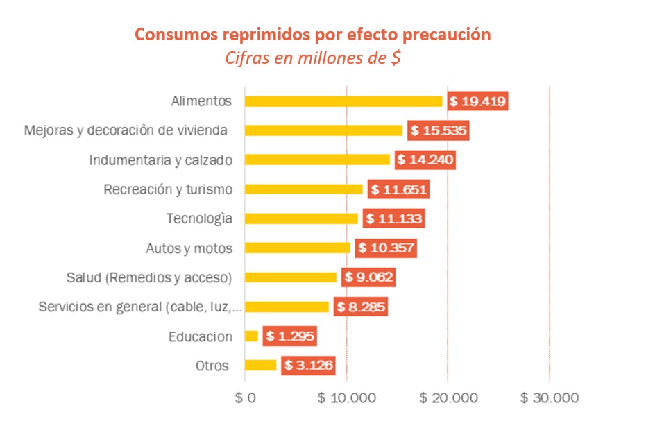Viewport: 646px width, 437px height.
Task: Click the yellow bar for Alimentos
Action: point(343,101)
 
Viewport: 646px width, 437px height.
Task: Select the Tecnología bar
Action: point(301,218)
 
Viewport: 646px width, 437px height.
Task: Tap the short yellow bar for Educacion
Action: point(251,336)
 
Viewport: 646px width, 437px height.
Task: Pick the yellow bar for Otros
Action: point(260,366)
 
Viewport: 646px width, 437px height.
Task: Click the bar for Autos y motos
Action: point(298,248)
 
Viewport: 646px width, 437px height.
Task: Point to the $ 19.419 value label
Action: point(477,101)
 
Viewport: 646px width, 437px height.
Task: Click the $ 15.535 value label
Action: point(438,130)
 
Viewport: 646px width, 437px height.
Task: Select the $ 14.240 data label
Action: point(425,160)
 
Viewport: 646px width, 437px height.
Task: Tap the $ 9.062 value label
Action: point(368,277)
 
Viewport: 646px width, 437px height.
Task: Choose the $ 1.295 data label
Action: point(289,336)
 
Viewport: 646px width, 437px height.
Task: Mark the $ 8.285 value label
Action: point(360,307)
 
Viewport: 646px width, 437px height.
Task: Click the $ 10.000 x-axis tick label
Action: point(346,398)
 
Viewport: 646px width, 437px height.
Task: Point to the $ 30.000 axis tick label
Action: point(550,398)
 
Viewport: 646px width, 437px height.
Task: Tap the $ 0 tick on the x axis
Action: point(245,398)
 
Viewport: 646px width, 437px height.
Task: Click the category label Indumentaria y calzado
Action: point(160,160)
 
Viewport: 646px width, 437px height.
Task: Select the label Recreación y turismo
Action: point(167,189)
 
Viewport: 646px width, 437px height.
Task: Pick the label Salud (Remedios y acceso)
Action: point(148,277)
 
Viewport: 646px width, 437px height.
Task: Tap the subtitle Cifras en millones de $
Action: point(312,58)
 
